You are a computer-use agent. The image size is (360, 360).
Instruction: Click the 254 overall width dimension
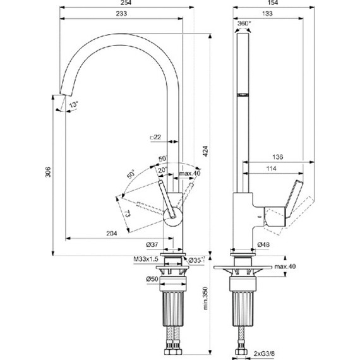pyautogui.click(x=126, y=3)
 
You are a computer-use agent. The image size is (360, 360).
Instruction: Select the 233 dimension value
pyautogui.click(x=121, y=14)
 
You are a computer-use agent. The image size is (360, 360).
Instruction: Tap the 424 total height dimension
pyautogui.click(x=206, y=152)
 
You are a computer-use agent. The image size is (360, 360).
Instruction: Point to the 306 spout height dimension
pyautogui.click(x=48, y=172)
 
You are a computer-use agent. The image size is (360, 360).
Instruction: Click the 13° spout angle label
pyautogui.click(x=74, y=104)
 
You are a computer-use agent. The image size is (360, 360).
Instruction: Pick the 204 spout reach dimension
pyautogui.click(x=112, y=234)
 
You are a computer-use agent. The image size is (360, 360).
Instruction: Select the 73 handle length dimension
pyautogui.click(x=128, y=215)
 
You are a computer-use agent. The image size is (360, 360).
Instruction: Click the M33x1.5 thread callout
pyautogui.click(x=146, y=259)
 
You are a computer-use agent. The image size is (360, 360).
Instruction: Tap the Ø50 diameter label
pyautogui.click(x=152, y=279)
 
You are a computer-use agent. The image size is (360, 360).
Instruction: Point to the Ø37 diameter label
pyautogui.click(x=152, y=245)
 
